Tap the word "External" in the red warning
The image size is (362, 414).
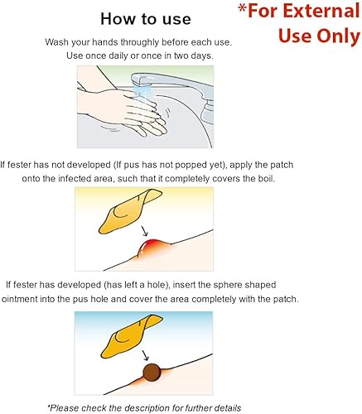point(319,13)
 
